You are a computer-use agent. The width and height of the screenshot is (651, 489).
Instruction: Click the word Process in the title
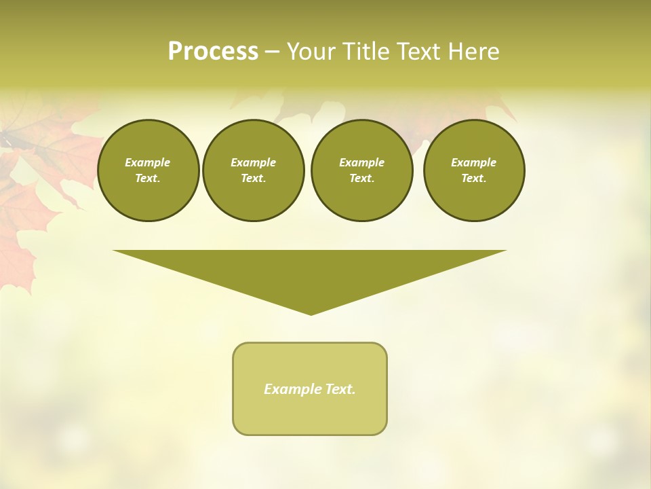(x=213, y=52)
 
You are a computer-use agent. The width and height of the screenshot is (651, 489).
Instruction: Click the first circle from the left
(x=148, y=170)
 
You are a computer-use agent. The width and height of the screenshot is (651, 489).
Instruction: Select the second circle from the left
(x=253, y=170)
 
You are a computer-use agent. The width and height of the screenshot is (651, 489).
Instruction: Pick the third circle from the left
(x=361, y=170)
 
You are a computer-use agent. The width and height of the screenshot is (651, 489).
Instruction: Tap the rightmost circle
(x=473, y=170)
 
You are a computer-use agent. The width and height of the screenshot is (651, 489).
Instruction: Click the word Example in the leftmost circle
(x=148, y=162)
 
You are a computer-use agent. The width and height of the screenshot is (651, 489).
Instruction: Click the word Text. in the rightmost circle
(x=473, y=179)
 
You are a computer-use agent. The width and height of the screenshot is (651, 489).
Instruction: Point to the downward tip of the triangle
(x=311, y=313)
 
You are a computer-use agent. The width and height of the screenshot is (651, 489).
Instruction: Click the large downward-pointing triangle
(x=310, y=272)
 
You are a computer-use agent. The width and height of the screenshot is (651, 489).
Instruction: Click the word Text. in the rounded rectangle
(x=340, y=389)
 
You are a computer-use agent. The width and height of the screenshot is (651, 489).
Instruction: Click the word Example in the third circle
(x=361, y=162)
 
